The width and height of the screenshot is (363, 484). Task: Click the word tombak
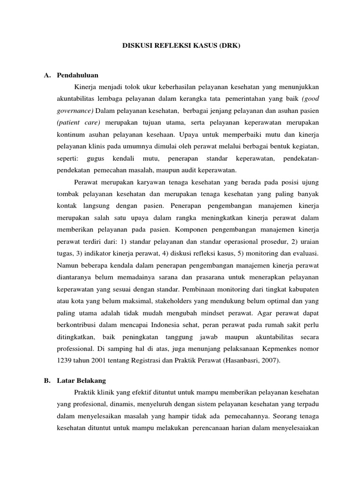(x=69, y=193)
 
